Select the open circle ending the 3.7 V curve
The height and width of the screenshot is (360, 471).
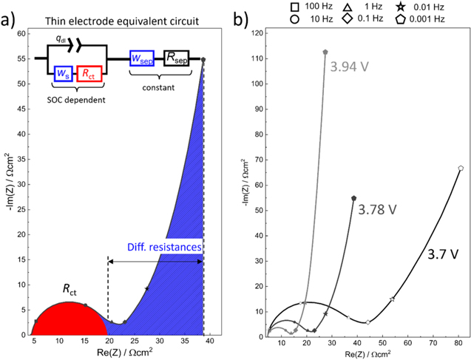click(x=461, y=169)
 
